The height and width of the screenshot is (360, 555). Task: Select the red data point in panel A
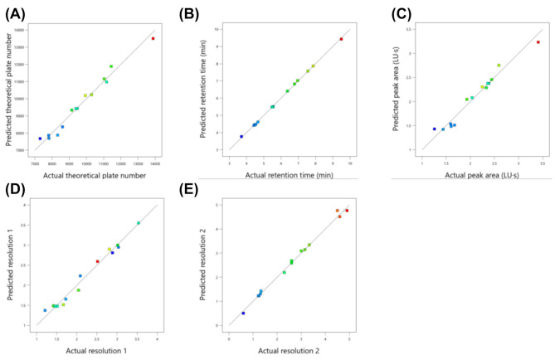[153, 38]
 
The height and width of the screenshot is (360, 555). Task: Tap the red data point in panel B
[341, 39]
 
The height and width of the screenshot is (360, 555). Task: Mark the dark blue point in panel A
[40, 139]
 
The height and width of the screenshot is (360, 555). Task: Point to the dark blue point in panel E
[243, 314]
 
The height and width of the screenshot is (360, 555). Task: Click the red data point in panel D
[98, 261]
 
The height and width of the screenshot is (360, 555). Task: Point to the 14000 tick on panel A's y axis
[27, 29]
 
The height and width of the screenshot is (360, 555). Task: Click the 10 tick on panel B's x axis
[349, 164]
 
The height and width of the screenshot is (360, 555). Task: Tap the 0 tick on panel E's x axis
[229, 338]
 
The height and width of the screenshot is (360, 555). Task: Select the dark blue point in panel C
[434, 129]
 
